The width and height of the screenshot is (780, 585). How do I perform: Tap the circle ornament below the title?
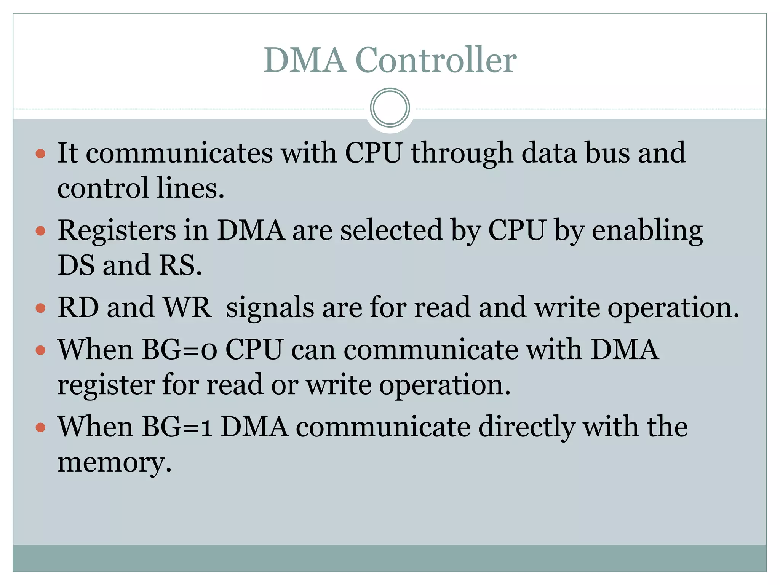click(390, 108)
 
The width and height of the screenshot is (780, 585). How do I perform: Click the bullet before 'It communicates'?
click(40, 154)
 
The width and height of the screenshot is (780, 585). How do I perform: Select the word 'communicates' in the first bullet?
click(179, 153)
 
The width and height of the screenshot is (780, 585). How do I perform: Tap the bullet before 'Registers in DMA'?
click(40, 231)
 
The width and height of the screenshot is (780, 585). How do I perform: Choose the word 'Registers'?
click(117, 231)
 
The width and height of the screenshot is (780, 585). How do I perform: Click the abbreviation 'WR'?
click(187, 307)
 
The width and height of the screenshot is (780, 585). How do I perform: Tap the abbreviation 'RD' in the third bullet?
click(78, 307)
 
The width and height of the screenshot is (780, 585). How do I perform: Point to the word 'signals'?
click(270, 308)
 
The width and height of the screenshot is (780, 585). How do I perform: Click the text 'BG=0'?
click(179, 350)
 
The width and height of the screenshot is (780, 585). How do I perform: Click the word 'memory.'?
click(114, 463)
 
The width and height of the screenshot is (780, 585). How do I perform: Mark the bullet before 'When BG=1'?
click(40, 427)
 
